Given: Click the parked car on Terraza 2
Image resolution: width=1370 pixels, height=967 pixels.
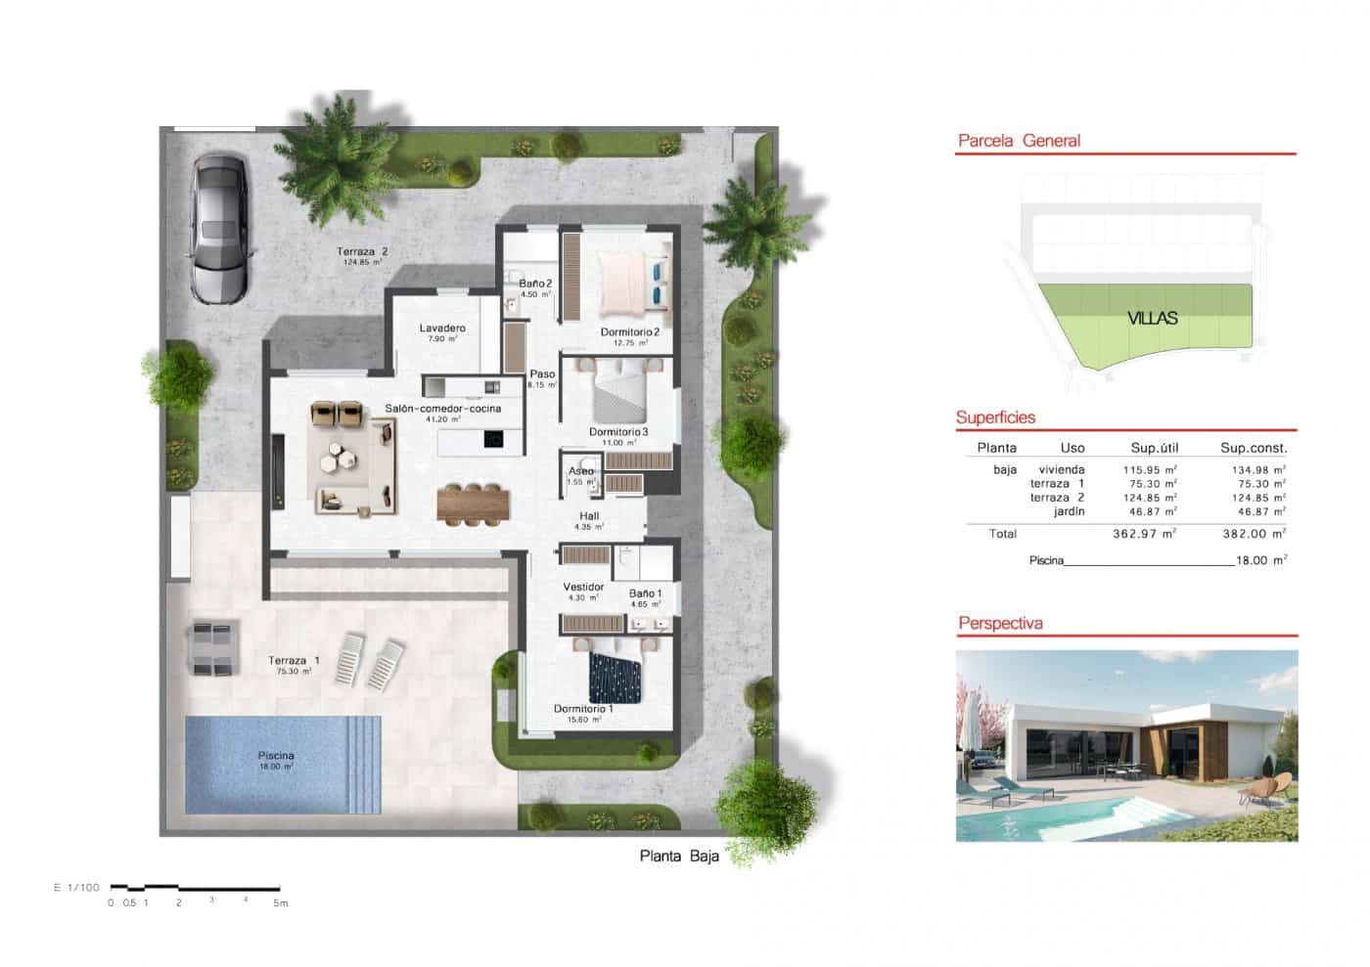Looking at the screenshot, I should (x=221, y=229).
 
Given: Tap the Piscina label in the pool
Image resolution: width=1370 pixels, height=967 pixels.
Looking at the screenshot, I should (x=276, y=756).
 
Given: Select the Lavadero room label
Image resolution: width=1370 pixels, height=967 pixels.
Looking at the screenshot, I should (x=442, y=329).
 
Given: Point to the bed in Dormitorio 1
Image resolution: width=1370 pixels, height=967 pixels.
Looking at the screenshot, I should (x=615, y=679).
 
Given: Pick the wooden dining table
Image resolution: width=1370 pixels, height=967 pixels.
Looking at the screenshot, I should (x=475, y=504).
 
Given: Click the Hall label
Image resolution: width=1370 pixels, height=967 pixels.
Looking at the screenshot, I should (x=589, y=516).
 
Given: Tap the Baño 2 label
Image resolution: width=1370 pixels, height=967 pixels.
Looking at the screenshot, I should (x=535, y=284).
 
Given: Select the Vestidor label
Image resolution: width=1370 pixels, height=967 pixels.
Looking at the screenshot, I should (x=583, y=587).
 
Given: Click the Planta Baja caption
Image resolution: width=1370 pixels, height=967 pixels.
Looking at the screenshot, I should (x=679, y=857).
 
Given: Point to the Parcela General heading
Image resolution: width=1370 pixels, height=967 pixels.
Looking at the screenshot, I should (x=1019, y=141).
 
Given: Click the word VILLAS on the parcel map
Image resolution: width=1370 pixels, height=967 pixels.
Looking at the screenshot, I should (x=1152, y=318).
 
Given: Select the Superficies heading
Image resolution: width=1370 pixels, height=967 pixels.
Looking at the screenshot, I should (x=995, y=418).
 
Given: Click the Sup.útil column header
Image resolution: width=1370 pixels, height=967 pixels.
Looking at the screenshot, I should (x=1155, y=448).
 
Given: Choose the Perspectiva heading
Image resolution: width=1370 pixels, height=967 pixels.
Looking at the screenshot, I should (x=1000, y=623).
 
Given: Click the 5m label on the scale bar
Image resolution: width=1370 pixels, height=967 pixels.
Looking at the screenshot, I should (x=281, y=902).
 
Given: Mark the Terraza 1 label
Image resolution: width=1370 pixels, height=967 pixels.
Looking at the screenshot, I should (x=294, y=661).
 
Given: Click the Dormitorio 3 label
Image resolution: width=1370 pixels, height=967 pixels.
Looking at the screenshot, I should (x=618, y=431).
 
